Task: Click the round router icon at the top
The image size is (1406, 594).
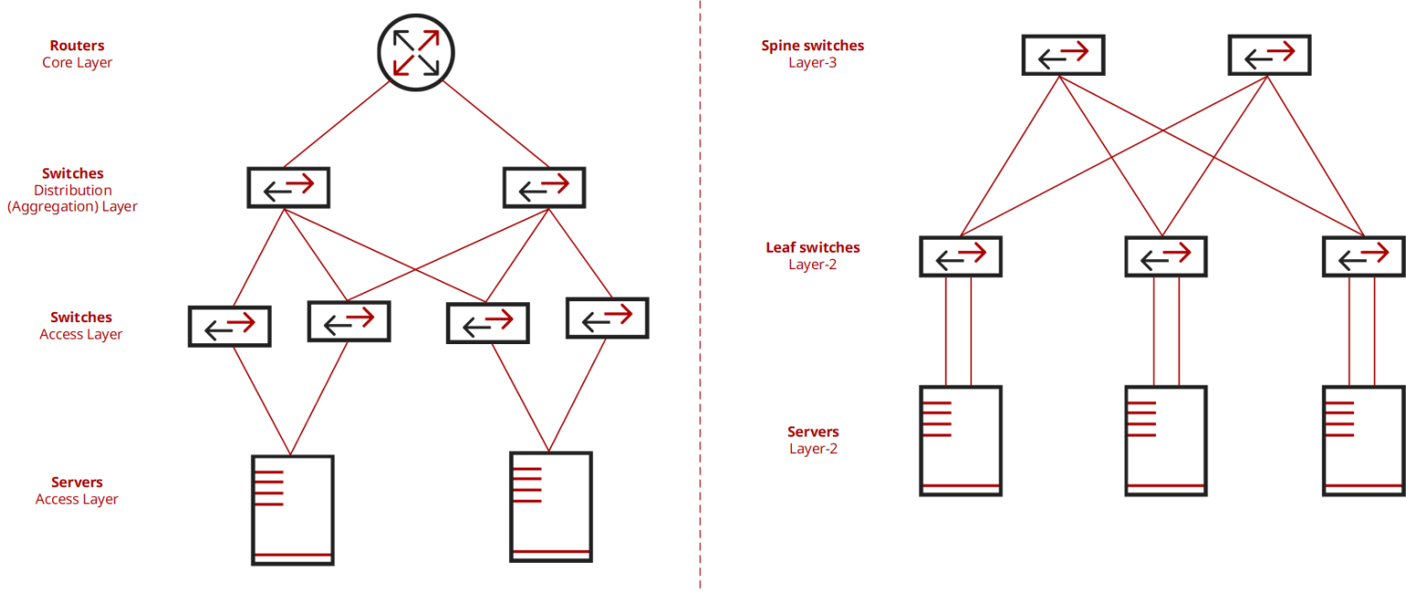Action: click(416, 52)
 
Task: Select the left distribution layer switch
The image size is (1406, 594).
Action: click(288, 188)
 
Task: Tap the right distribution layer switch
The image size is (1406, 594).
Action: click(544, 188)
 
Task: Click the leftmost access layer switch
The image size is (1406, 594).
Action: click(229, 326)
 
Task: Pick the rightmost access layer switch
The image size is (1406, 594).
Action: click(608, 319)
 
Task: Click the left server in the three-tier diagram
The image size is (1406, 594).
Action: click(292, 510)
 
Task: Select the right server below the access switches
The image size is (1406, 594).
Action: click(551, 506)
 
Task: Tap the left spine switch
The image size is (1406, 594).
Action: click(1063, 55)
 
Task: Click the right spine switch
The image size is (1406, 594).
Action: click(1269, 55)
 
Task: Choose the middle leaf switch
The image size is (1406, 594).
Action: click(1165, 256)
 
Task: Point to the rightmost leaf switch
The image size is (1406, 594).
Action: click(1363, 256)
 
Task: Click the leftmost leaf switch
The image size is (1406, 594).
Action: click(960, 256)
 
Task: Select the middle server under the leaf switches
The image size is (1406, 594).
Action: click(1165, 440)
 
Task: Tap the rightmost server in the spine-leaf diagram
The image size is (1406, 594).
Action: click(1363, 440)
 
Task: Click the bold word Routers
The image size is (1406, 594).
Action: click(77, 46)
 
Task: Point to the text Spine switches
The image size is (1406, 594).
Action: click(812, 46)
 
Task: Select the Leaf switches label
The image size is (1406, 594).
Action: click(812, 247)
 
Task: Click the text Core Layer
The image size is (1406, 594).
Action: click(77, 63)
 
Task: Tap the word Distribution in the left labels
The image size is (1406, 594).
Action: click(72, 190)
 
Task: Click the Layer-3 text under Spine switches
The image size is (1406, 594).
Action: click(812, 63)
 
